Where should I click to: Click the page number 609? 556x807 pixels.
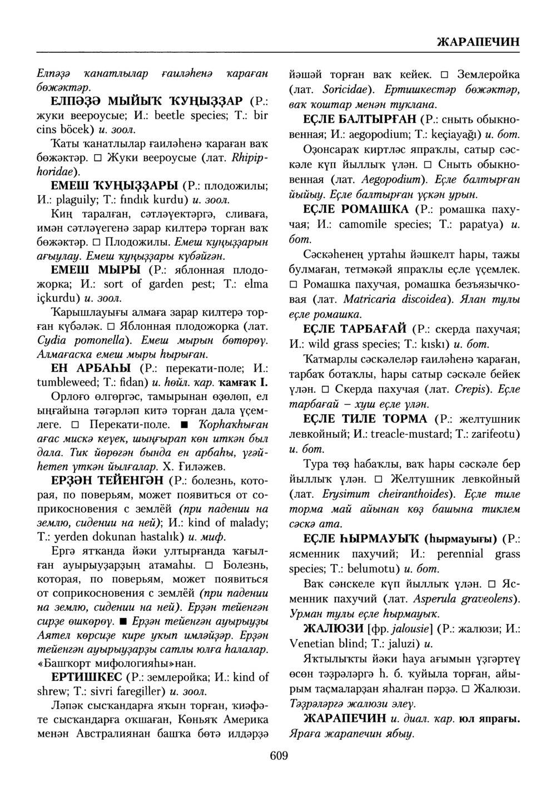coord(278,755)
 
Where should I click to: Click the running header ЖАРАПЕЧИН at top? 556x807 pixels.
coord(478,42)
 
